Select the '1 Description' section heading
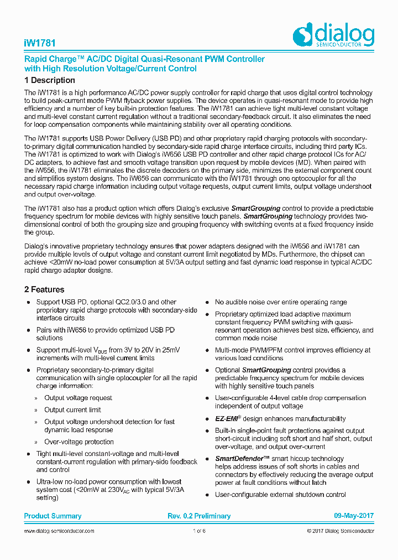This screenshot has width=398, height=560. pyautogui.click(x=49, y=80)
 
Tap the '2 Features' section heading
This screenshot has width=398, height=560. pyautogui.click(x=44, y=289)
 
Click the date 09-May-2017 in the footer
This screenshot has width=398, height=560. pyautogui.click(x=354, y=516)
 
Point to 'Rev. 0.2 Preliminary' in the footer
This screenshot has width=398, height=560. pyautogui.click(x=199, y=516)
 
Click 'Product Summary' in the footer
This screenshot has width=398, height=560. pyautogui.click(x=53, y=516)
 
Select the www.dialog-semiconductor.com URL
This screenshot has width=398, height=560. pyautogui.click(x=59, y=531)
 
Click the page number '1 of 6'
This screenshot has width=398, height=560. pyautogui.click(x=199, y=531)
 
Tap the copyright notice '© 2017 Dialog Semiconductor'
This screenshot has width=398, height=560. pyautogui.click(x=341, y=531)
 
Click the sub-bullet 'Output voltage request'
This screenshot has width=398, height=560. pyautogui.click(x=78, y=398)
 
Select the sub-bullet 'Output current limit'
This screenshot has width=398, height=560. pyautogui.click(x=72, y=410)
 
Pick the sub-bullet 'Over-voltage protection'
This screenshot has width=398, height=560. pyautogui.click(x=79, y=442)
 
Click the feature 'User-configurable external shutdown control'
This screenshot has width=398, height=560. pyautogui.click(x=280, y=495)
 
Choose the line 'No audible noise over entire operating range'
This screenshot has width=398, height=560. pyautogui.click(x=281, y=302)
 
